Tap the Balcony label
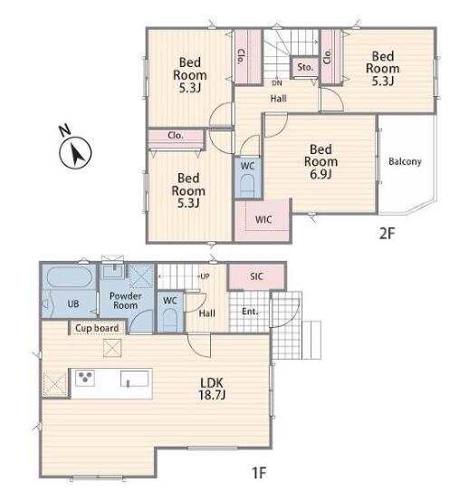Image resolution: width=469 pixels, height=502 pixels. coord(405,161)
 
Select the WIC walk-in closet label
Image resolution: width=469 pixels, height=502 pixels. coord(263,219)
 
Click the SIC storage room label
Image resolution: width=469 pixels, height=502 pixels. coord(256,276)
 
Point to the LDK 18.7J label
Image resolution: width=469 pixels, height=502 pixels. coord(212,389)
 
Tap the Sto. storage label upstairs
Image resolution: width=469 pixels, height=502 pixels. coord(305,67)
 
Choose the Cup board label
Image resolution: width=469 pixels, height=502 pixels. coord(97,328)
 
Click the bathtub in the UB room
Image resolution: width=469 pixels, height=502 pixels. coord(70,277)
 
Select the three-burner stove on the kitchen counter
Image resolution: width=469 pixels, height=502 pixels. coord(85,378)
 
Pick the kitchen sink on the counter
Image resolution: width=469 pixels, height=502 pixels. coord(134,379)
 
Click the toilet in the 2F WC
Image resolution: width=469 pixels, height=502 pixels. coord(247,186)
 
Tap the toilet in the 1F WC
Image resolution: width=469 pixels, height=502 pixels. coord(169,320)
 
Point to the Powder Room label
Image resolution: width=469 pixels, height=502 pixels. coord(126,301)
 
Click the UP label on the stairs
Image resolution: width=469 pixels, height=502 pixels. coord(205,276)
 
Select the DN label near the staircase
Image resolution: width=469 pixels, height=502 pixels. coord(277,83)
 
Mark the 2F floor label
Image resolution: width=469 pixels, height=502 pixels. coord(388,234)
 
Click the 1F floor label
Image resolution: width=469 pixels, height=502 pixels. coord(259,472)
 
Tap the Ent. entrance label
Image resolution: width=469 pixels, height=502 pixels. coord(250,311)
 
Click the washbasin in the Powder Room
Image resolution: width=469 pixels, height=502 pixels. coord(112,271)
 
